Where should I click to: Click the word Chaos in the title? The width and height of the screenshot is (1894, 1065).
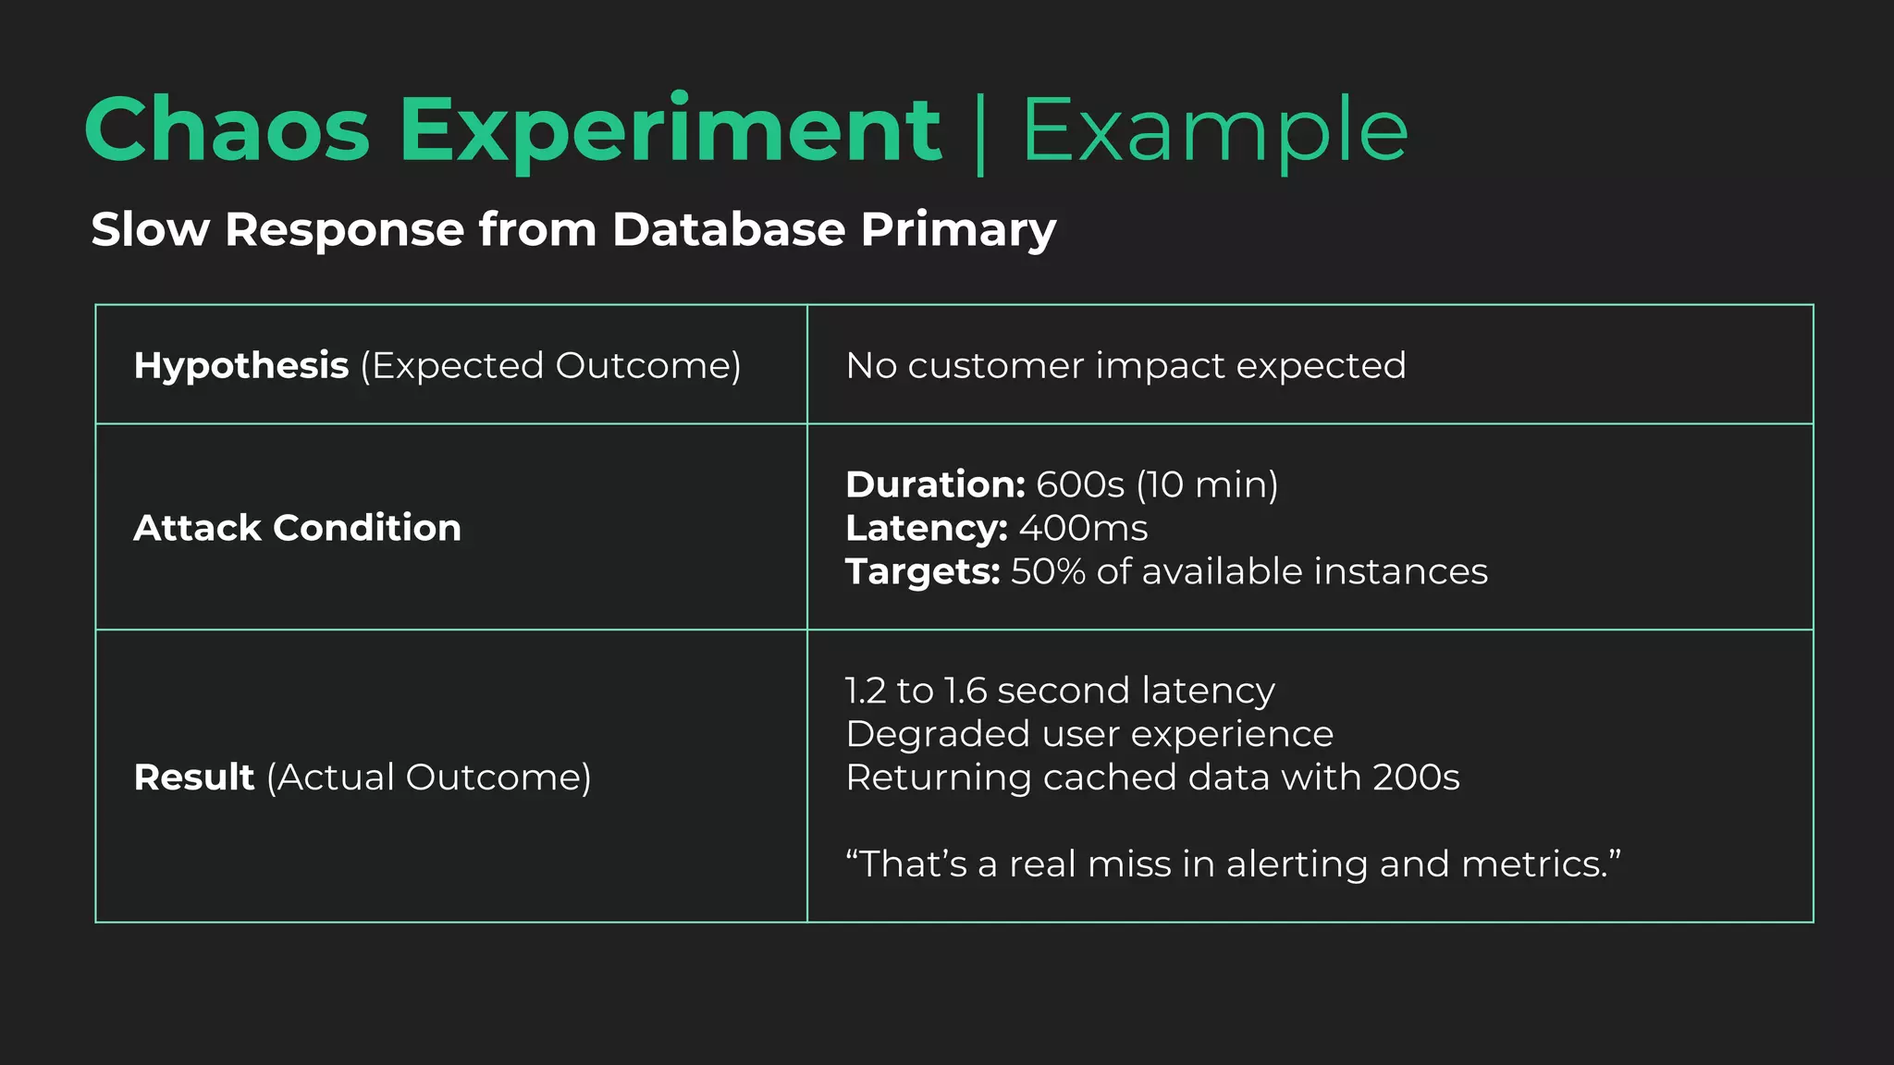[x=227, y=130]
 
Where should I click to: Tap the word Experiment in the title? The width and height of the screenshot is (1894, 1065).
[x=670, y=130]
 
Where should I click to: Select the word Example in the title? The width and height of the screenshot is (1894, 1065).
[x=1214, y=130]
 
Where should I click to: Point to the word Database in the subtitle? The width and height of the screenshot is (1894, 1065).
[x=729, y=229]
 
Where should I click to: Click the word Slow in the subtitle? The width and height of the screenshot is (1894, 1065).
[x=150, y=229]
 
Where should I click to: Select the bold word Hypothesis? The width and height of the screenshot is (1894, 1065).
[x=240, y=366]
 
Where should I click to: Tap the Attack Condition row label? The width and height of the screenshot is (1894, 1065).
[x=297, y=528]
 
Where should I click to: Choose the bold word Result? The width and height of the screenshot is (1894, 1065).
[x=193, y=777]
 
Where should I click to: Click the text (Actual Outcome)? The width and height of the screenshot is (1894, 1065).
[x=428, y=777]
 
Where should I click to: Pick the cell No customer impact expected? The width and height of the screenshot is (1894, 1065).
[x=1125, y=366]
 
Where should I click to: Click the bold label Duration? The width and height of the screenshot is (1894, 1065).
[x=935, y=484]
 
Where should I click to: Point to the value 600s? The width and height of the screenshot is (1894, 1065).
[x=1079, y=484]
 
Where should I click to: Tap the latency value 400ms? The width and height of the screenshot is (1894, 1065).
[x=1083, y=528]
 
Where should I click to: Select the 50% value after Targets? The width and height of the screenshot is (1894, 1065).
[x=1048, y=571]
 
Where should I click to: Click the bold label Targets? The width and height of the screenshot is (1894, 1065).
[x=922, y=571]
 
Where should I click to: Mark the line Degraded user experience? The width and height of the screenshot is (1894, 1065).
[x=1089, y=734]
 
